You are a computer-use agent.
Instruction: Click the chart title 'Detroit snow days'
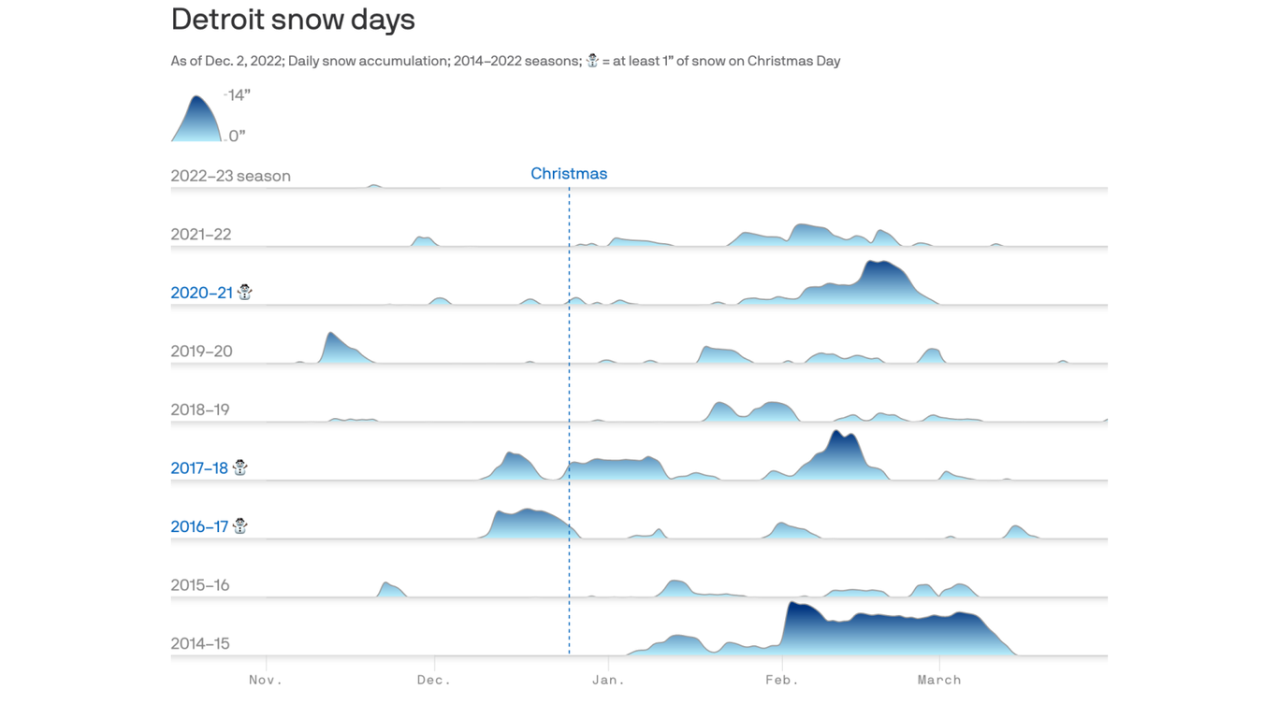point(293,20)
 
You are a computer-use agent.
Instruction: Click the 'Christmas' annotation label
point(569,174)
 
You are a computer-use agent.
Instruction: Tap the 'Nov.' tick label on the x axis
point(266,680)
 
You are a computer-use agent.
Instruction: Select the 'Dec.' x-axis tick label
point(434,680)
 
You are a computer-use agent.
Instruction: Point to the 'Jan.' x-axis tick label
point(608,680)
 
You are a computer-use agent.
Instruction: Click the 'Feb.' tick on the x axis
point(782,680)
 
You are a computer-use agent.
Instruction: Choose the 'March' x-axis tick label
point(939,680)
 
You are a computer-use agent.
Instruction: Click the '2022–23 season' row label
point(230,176)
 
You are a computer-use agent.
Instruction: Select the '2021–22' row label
point(200,235)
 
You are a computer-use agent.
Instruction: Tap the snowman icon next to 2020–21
point(245,292)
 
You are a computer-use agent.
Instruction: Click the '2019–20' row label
point(201,352)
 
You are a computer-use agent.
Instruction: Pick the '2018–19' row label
point(199,409)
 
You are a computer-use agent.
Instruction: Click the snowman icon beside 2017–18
point(240,467)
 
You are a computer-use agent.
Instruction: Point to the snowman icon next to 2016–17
point(240,525)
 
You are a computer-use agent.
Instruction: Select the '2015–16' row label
point(199,585)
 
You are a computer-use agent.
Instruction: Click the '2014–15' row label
point(199,643)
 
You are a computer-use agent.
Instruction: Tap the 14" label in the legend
point(239,95)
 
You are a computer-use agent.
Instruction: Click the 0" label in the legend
point(237,136)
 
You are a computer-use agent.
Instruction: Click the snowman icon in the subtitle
point(592,61)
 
